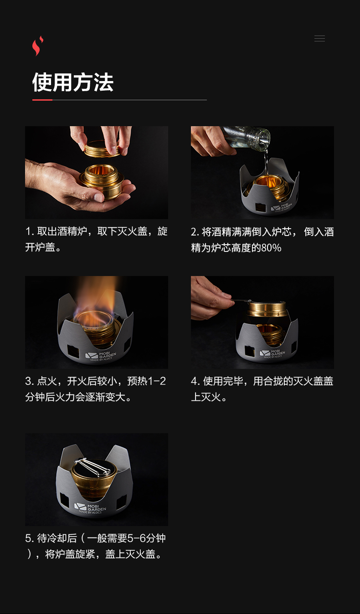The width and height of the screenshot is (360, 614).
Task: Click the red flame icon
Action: pyautogui.click(x=37, y=46)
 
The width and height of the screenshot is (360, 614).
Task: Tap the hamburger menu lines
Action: pyautogui.click(x=319, y=39)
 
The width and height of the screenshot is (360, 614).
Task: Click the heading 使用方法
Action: pyautogui.click(x=72, y=82)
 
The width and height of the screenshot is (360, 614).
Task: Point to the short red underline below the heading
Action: pyautogui.click(x=42, y=100)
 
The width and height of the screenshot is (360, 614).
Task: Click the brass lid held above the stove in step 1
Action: pyautogui.click(x=102, y=149)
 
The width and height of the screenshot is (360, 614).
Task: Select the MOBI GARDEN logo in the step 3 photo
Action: pyautogui.click(x=101, y=356)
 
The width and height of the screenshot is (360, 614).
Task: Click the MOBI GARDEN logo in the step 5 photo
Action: pyautogui.click(x=90, y=508)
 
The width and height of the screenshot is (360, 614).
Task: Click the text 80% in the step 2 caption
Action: pyautogui.click(x=271, y=248)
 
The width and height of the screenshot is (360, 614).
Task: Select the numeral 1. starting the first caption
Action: pyautogui.click(x=30, y=232)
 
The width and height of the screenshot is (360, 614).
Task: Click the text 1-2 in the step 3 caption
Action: pyautogui.click(x=157, y=381)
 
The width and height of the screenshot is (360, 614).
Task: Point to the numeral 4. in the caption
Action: pyautogui.click(x=195, y=381)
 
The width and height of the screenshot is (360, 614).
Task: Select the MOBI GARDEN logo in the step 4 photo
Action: pyautogui.click(x=272, y=353)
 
